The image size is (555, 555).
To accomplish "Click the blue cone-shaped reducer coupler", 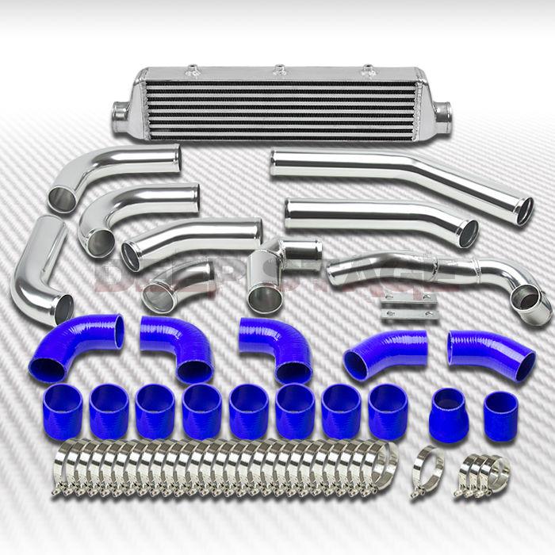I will (x=447, y=410).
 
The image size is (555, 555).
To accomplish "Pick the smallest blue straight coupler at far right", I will (x=500, y=415).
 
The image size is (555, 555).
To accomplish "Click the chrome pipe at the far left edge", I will (x=44, y=270).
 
